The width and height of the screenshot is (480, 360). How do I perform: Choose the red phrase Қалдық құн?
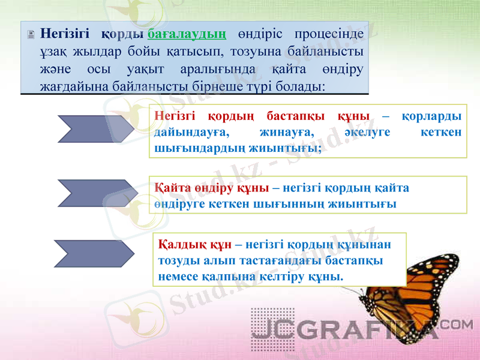tap(196, 245)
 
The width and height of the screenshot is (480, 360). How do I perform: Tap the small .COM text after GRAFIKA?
tap(460, 324)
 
